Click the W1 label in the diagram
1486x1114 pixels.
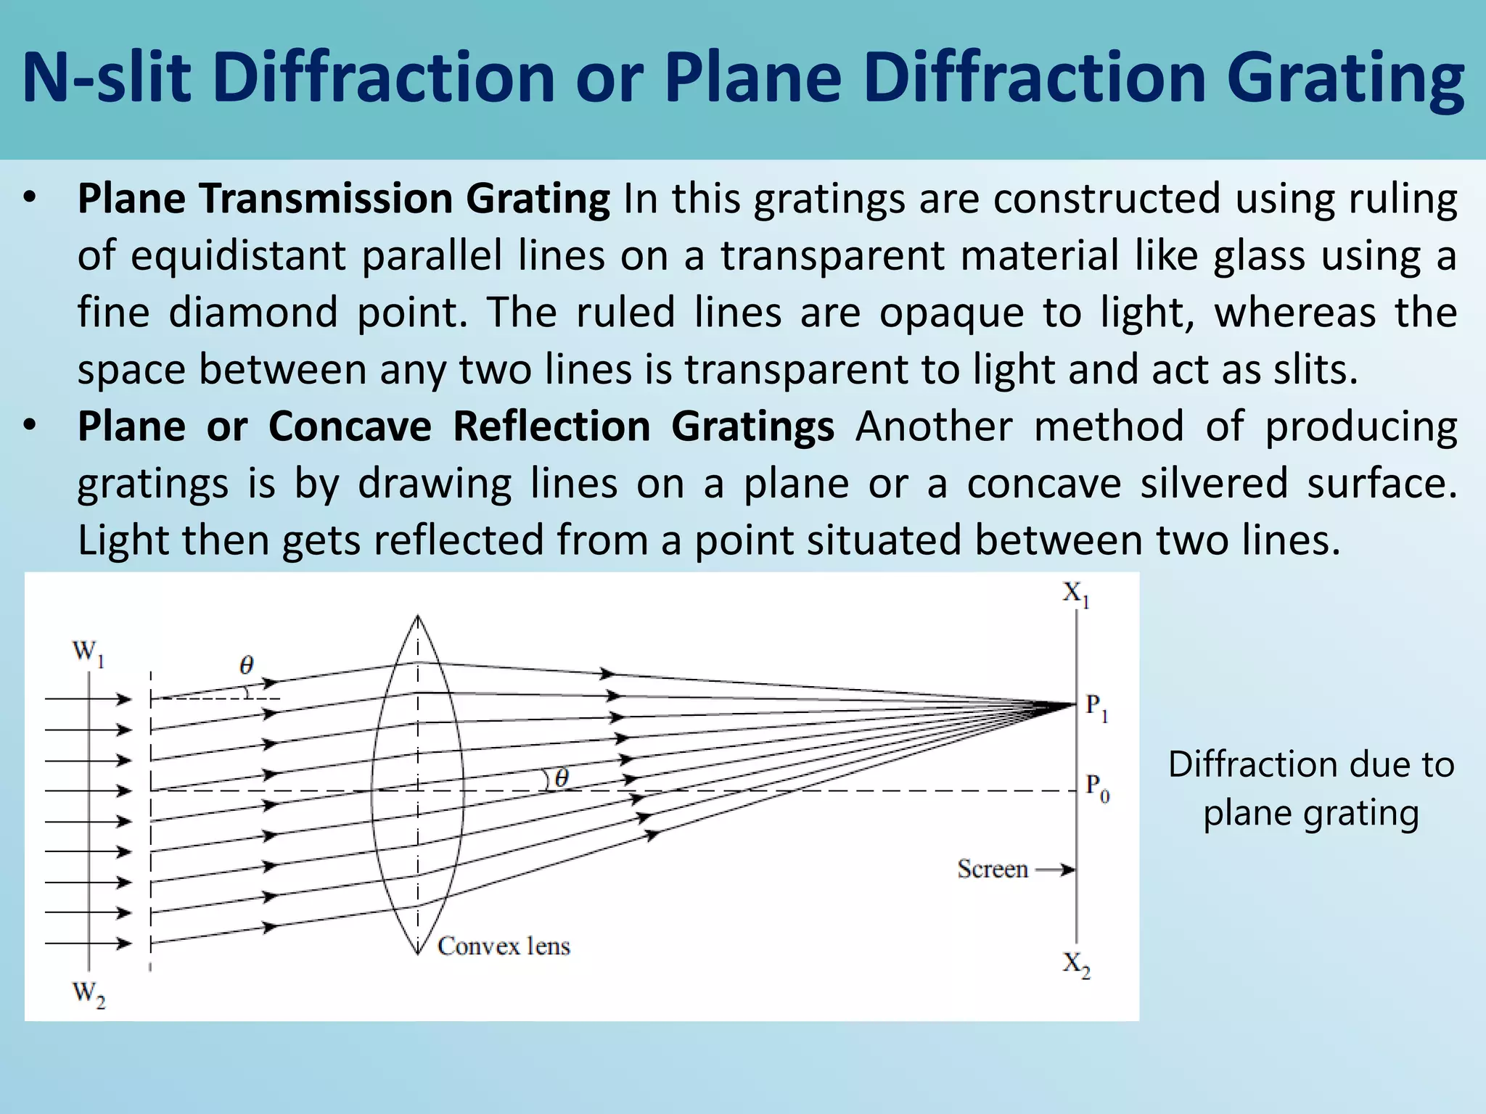[x=89, y=653]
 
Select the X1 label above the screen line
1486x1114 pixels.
[x=1076, y=594]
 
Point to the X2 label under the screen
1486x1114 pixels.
[x=1076, y=965]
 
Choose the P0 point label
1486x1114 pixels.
[x=1097, y=788]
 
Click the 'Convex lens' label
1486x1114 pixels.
[x=504, y=946]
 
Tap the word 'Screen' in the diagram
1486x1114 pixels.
[x=993, y=869]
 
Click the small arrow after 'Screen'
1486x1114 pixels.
[x=1056, y=870]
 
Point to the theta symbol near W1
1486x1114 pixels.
[x=247, y=665]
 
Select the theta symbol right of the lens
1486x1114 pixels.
[x=562, y=779]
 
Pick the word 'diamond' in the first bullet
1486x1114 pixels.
[x=253, y=313]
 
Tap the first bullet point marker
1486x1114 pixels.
[x=29, y=197]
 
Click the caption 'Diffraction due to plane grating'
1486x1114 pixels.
[x=1311, y=788]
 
